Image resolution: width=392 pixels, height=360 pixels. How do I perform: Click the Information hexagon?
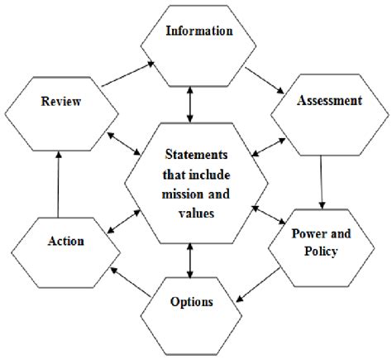tap(198, 34)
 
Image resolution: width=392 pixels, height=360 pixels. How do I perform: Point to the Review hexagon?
tap(60, 102)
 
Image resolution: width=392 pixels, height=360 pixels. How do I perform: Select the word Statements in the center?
tap(194, 155)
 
